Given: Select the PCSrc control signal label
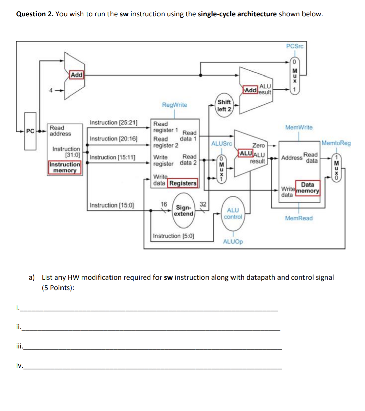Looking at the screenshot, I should pyautogui.click(x=295, y=46).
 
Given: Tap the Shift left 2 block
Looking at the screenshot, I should pyautogui.click(x=224, y=106).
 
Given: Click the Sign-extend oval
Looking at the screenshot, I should pyautogui.click(x=184, y=211).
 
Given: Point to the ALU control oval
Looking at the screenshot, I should pyautogui.click(x=233, y=214).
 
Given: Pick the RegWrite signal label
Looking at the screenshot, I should pyautogui.click(x=174, y=105).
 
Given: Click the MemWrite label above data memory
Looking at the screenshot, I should pyautogui.click(x=299, y=127).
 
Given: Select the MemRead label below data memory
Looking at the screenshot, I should pyautogui.click(x=299, y=218).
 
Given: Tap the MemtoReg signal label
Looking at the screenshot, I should pyautogui.click(x=336, y=143).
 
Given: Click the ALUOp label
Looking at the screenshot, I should pyautogui.click(x=233, y=242).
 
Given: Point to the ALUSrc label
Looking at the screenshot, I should pyautogui.click(x=222, y=144).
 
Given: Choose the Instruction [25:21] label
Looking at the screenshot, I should pyautogui.click(x=114, y=123).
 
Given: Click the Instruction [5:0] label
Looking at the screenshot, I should pyautogui.click(x=174, y=236).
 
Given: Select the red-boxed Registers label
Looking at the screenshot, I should pyautogui.click(x=183, y=183).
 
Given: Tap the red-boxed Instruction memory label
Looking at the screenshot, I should pyautogui.click(x=65, y=167).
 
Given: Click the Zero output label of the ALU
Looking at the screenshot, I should pyautogui.click(x=259, y=145).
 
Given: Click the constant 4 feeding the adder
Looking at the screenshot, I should pyautogui.click(x=51, y=90).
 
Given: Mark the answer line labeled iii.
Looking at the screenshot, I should pyautogui.click(x=152, y=347).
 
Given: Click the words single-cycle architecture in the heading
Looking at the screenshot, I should pyautogui.click(x=237, y=14).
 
